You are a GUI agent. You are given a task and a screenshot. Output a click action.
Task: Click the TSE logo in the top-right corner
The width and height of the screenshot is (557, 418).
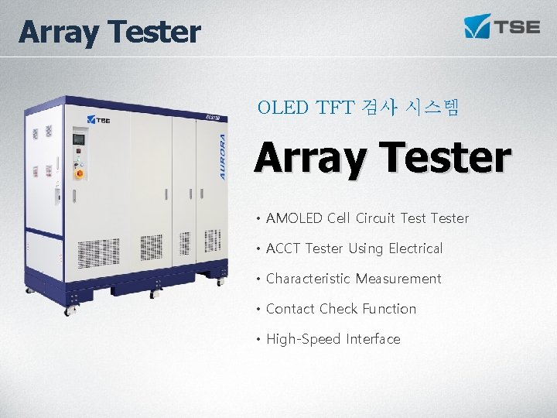tap(501, 26)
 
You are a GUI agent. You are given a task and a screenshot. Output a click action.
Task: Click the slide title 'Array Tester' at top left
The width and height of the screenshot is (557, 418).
tap(109, 33)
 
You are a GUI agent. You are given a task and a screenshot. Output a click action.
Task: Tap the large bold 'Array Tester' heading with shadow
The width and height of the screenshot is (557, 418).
tap(383, 157)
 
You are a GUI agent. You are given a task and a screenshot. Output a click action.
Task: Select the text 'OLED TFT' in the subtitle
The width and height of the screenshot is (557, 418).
tap(306, 108)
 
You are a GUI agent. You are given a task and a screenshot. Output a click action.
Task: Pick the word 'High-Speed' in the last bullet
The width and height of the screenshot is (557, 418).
tap(303, 339)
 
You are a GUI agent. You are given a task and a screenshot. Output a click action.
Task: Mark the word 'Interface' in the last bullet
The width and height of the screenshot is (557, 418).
tap(374, 339)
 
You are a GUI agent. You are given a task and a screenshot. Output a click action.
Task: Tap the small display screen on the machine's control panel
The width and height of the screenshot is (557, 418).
tap(78, 139)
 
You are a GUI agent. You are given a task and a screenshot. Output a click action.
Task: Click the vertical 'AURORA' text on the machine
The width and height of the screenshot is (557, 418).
tap(222, 157)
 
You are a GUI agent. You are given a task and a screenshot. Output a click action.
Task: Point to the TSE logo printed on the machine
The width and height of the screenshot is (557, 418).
tap(99, 120)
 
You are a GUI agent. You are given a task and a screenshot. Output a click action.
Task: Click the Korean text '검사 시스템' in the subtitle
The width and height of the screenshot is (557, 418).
tap(410, 108)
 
